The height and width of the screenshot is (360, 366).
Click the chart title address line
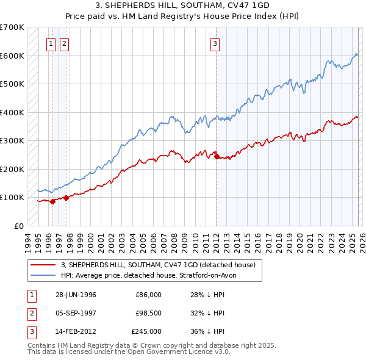[x=182, y=5]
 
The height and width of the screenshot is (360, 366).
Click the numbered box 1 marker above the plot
[x=51, y=43]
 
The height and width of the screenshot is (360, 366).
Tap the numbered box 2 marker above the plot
[x=64, y=43]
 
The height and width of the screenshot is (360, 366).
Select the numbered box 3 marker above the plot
[x=215, y=43]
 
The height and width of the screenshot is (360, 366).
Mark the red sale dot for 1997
[x=66, y=198]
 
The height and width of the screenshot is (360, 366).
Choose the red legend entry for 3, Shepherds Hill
[x=161, y=265]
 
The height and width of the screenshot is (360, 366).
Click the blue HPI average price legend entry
[x=152, y=275]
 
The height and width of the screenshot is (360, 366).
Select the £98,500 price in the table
[x=148, y=313]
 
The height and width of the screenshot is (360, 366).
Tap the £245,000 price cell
[x=146, y=331]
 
